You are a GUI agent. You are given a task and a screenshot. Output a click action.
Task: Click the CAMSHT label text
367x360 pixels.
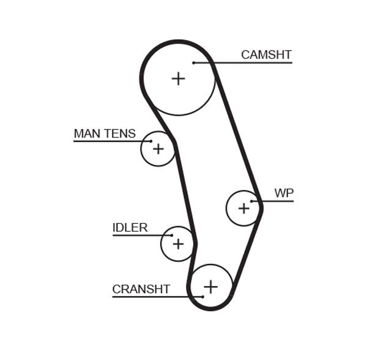click(266, 55)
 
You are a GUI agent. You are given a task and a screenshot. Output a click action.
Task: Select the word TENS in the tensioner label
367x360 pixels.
click(120, 134)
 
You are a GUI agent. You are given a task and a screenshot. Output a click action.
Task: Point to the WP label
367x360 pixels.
click(284, 194)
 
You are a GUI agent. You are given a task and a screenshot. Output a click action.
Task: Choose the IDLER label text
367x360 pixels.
click(130, 228)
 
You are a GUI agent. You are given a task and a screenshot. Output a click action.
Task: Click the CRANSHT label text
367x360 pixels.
click(141, 289)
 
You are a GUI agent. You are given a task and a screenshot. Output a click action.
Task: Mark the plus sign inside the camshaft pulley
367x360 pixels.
click(178, 78)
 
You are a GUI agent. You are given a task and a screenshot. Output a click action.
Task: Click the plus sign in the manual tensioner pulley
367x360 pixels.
click(158, 149)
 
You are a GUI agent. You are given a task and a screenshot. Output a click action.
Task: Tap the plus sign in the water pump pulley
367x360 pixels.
click(244, 208)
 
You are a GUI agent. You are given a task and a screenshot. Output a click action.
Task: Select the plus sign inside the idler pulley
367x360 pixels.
click(178, 244)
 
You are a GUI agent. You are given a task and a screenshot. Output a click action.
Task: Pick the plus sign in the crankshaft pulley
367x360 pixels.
click(210, 286)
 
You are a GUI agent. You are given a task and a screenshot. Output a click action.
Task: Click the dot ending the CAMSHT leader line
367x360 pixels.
click(193, 62)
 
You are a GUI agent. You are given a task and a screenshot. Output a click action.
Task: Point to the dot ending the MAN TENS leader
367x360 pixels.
click(151, 141)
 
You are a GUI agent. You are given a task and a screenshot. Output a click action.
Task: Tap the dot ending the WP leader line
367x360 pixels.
click(251, 201)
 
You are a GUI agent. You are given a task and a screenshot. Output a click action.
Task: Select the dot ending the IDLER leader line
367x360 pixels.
click(172, 235)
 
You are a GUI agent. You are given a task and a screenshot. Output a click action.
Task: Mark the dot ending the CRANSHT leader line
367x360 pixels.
click(202, 297)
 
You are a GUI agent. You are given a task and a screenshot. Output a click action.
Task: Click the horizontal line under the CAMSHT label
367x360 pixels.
click(245, 62)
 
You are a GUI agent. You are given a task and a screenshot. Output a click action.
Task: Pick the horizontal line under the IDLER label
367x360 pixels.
click(141, 235)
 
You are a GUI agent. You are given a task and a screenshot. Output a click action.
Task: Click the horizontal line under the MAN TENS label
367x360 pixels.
click(110, 141)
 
